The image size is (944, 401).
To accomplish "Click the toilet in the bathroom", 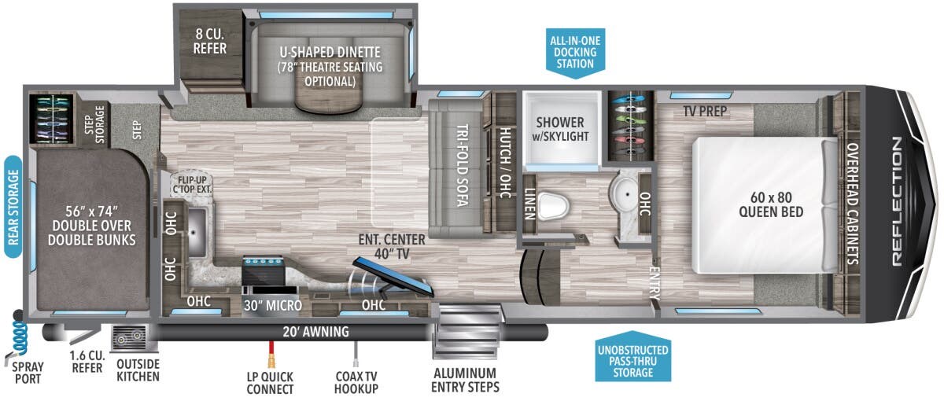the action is coord(553,205).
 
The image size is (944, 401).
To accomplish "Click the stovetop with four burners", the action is coord(263,262).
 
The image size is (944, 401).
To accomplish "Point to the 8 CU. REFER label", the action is coord(209,41).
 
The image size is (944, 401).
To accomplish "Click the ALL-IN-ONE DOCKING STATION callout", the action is coord(575,53).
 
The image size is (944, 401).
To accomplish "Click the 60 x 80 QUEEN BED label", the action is coord(771,204).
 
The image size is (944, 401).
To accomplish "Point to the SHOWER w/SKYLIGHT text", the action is coord(560,129).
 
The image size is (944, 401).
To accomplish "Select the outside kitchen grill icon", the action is coord(129,337).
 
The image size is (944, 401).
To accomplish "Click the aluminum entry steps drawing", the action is coord(466,332).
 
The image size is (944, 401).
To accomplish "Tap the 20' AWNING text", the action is coord(315,332).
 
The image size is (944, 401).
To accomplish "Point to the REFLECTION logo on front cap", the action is coord(897,201).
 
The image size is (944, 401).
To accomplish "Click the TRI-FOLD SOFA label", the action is coord(463,165).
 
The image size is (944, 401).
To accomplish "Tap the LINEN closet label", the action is coord(529,204).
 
